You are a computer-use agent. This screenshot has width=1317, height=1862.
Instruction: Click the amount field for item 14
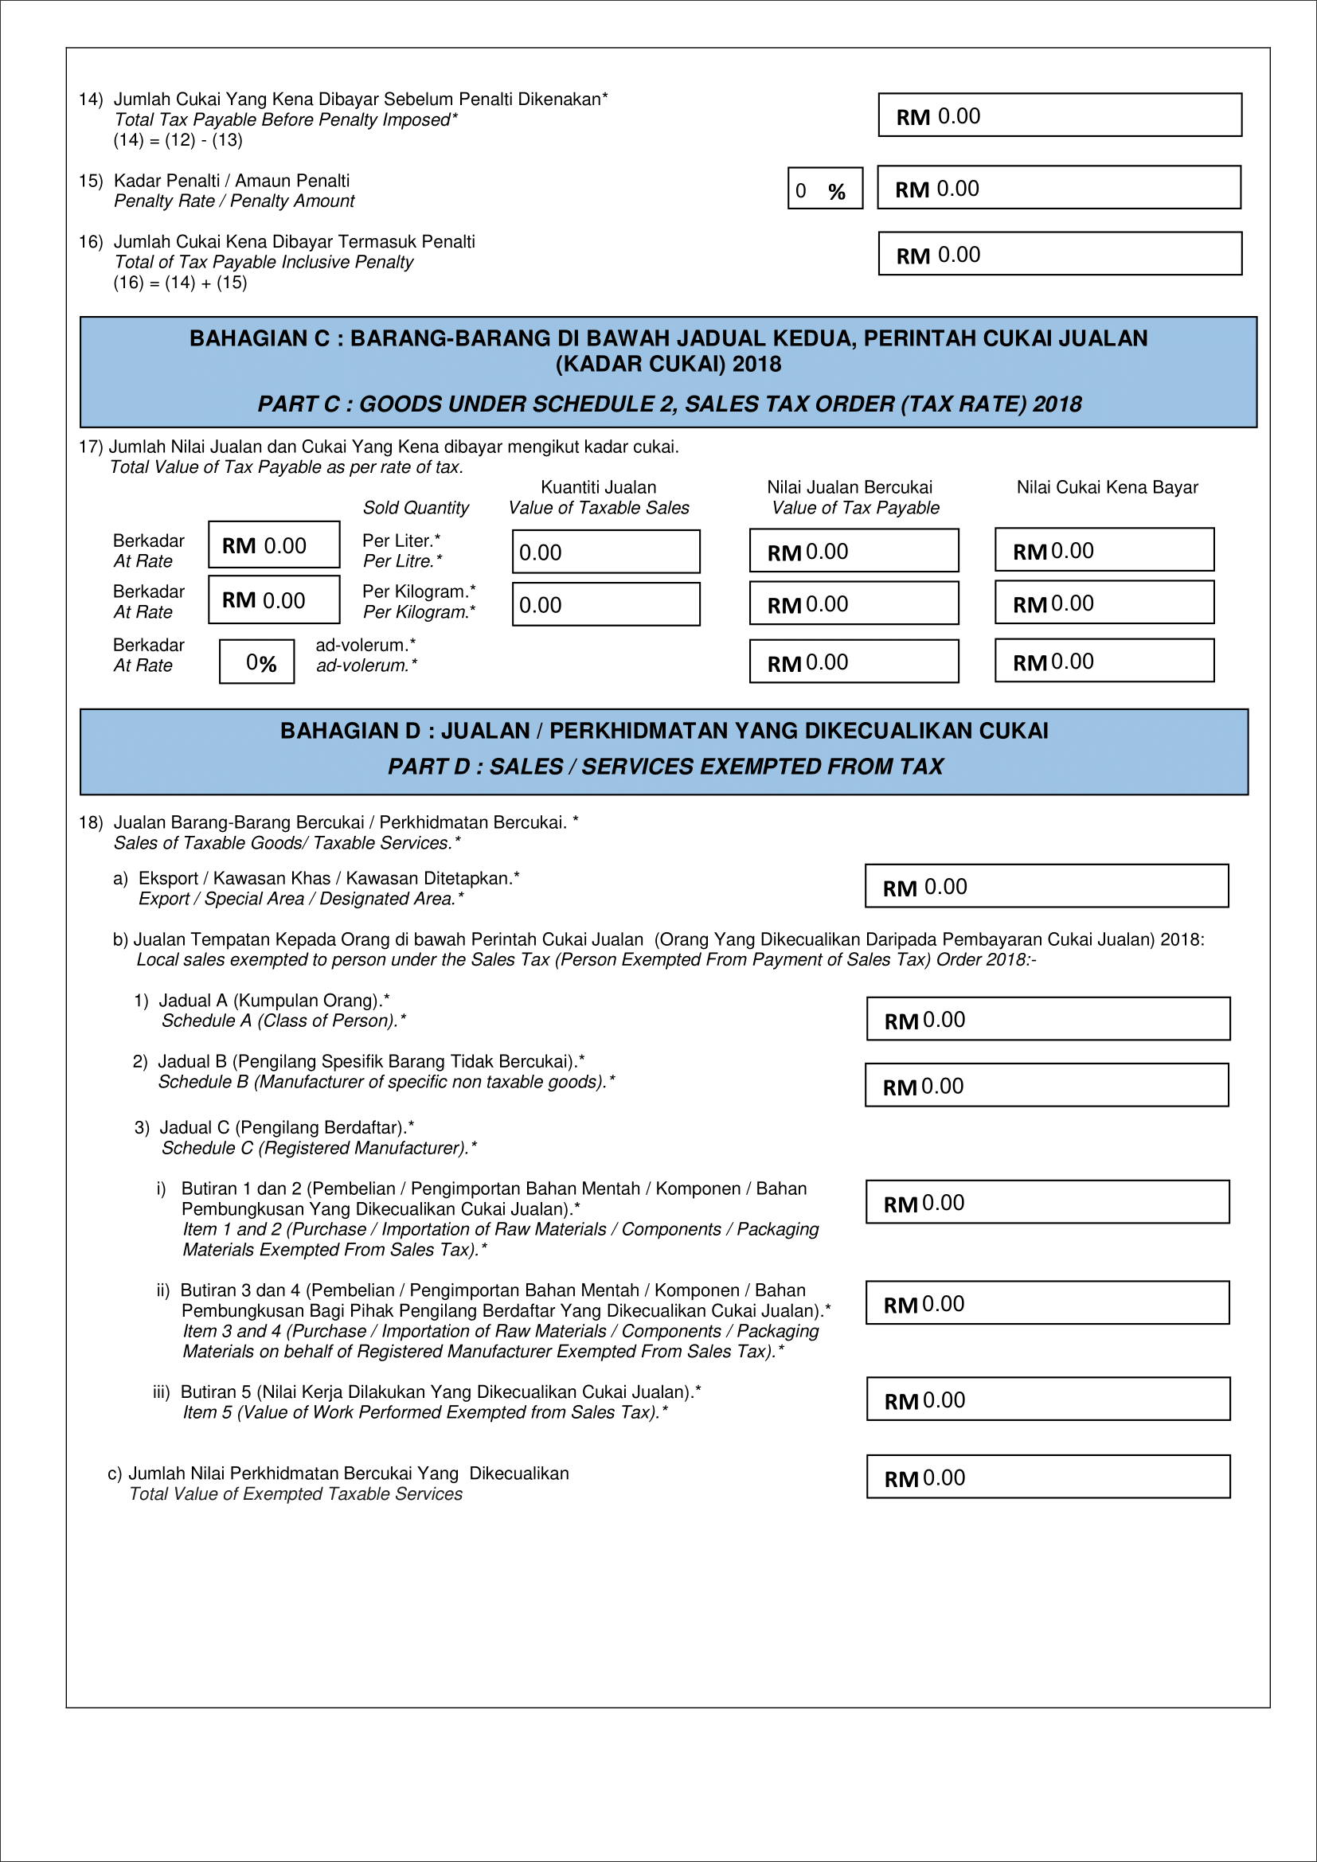coord(1059,115)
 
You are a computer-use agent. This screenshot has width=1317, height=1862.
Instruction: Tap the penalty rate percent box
coord(824,188)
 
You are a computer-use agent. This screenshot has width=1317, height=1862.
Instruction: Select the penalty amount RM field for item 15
coord(1058,187)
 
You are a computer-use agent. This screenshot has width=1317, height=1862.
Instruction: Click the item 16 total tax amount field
coord(1059,254)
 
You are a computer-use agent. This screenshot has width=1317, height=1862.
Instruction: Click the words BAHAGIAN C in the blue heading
coord(260,338)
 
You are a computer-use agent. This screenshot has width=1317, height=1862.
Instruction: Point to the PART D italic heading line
coord(664,767)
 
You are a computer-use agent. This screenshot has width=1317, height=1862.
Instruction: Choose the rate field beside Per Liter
coord(273,545)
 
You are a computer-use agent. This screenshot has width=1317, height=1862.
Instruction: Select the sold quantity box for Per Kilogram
coord(605,604)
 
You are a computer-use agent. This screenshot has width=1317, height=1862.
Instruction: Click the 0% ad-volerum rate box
coord(256,662)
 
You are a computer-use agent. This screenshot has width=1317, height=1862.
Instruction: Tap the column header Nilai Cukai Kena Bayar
coord(1106,487)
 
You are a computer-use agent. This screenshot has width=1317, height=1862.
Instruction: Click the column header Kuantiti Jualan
coord(598,487)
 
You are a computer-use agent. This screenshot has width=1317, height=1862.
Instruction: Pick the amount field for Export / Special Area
coord(1046,885)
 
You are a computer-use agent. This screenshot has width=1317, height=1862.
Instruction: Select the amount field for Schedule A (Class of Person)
coord(1047,1019)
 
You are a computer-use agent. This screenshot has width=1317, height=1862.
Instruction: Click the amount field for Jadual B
coord(1046,1085)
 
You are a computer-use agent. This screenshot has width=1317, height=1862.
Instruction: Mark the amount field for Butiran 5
coord(1047,1399)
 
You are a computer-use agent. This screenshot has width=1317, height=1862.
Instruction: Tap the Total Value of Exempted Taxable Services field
coord(1047,1477)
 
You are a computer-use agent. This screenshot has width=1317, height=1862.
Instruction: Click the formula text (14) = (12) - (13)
coord(178,140)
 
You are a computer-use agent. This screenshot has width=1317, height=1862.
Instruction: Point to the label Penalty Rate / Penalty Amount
coord(233,201)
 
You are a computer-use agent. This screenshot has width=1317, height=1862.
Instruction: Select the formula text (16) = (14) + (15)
coord(180,283)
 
